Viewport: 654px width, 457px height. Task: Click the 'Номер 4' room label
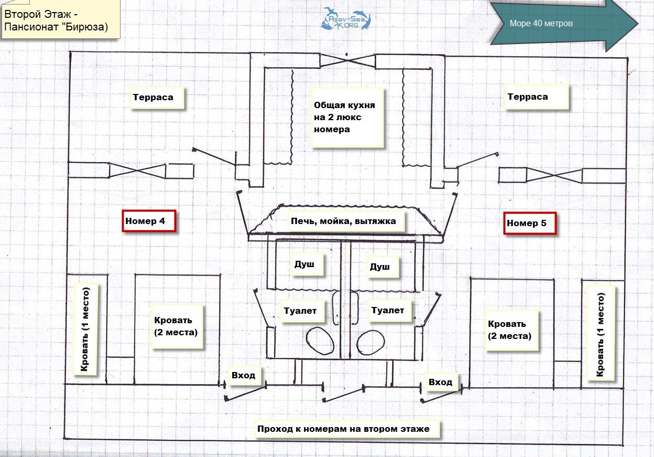pyautogui.click(x=149, y=221)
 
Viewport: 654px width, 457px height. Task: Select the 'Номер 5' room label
pyautogui.click(x=530, y=223)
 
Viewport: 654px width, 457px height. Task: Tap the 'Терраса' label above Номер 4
pyautogui.click(x=157, y=98)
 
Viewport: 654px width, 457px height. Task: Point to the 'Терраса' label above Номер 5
pyautogui.click(x=537, y=97)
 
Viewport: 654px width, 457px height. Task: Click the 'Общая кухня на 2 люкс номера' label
pyautogui.click(x=347, y=117)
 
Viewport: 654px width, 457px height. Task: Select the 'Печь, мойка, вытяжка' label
pyautogui.click(x=346, y=221)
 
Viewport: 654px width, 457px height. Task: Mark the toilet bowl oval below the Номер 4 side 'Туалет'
pyautogui.click(x=320, y=341)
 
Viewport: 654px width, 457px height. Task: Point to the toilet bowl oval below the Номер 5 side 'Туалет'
pyautogui.click(x=370, y=343)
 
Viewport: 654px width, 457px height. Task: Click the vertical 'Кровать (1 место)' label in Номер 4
pyautogui.click(x=85, y=329)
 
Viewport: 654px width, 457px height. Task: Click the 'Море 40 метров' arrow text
pyautogui.click(x=541, y=24)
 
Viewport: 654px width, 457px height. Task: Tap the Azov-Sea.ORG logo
pyautogui.click(x=346, y=19)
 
